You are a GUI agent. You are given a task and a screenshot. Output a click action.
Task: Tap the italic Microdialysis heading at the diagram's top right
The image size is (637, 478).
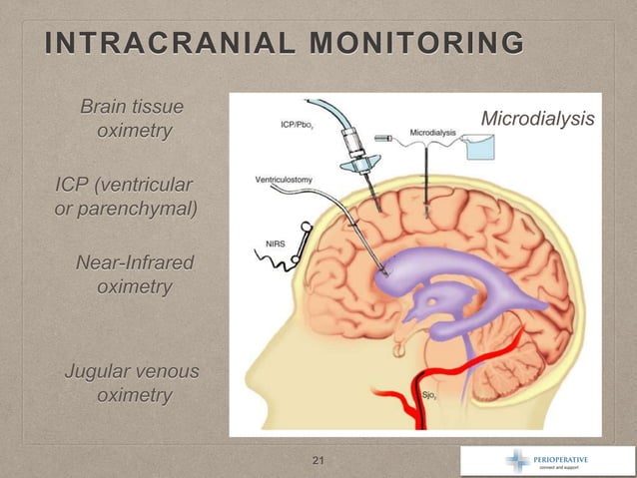click(x=537, y=120)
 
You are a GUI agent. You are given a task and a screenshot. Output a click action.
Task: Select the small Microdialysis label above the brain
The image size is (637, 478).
click(x=432, y=132)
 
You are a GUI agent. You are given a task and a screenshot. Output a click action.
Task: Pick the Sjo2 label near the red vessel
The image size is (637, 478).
click(x=430, y=395)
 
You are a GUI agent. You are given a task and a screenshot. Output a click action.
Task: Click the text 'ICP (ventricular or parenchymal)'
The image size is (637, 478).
click(x=124, y=197)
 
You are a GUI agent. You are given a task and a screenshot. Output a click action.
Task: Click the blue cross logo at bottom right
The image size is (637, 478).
click(x=519, y=460)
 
